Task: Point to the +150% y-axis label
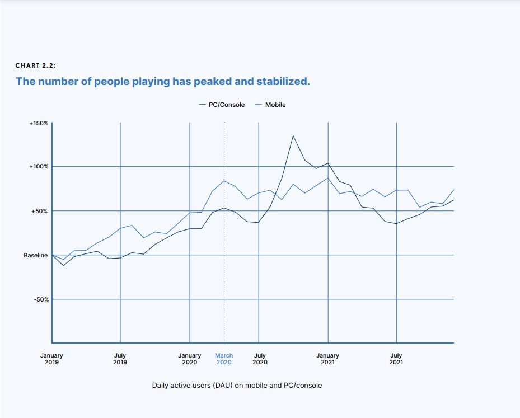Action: pos(39,123)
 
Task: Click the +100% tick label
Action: pos(39,167)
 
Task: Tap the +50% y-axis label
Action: pos(40,211)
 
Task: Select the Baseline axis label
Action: pos(35,255)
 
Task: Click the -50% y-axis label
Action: pos(40,299)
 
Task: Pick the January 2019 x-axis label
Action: pos(51,359)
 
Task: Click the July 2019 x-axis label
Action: pos(120,359)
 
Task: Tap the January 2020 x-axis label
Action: pos(189,359)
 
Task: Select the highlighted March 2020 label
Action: pos(224,359)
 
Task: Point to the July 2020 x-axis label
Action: pos(260,359)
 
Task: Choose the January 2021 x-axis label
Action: pos(327,359)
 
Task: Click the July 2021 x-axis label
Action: pos(396,359)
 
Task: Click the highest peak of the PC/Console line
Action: pos(293,135)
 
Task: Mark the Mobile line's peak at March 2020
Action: pos(224,181)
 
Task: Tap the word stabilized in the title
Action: pos(283,82)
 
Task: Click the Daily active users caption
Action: pos(237,386)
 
